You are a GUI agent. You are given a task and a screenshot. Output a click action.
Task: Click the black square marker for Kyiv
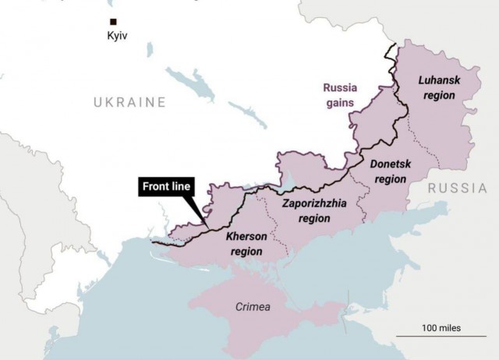pos(114,22)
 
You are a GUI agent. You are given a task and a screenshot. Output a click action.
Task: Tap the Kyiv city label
pos(116,35)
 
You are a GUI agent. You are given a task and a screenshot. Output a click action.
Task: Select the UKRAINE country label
pos(129,102)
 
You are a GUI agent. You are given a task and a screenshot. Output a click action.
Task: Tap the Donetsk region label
pos(390,171)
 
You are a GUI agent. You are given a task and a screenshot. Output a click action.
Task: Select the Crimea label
pos(253,307)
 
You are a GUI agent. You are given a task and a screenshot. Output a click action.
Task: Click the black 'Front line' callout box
pos(167,188)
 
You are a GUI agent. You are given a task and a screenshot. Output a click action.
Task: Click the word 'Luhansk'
pos(439,79)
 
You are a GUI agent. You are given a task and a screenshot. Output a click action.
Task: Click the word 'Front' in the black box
pos(154,188)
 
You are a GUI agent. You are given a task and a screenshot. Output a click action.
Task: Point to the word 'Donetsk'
pos(390,164)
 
